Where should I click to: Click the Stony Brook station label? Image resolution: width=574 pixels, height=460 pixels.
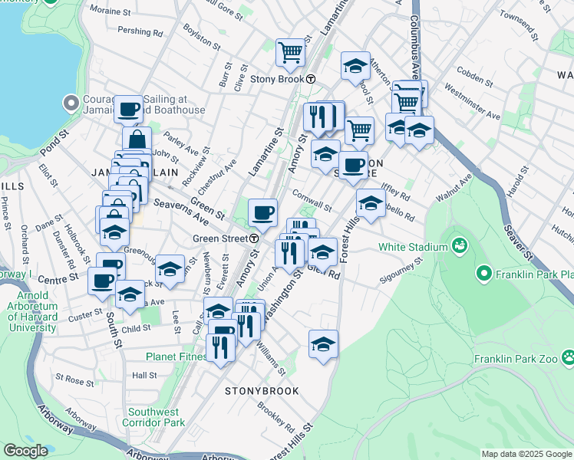point(272,79)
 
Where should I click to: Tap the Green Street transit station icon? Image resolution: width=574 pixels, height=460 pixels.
point(254,238)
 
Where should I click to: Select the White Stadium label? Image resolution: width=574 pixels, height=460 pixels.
point(412,247)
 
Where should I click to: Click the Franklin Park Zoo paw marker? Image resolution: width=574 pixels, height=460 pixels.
point(569,357)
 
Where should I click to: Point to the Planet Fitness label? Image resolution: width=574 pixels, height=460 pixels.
point(176,356)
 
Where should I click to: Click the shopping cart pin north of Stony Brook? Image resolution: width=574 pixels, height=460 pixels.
point(291,53)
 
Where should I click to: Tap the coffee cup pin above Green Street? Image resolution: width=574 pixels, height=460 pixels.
point(262,212)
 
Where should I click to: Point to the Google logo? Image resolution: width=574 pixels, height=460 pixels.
point(25,451)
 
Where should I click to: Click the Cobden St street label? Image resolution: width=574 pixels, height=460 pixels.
point(473,75)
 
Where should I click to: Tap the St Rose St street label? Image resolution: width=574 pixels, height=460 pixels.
point(74,379)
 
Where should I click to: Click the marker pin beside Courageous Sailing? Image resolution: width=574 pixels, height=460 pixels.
point(71,102)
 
